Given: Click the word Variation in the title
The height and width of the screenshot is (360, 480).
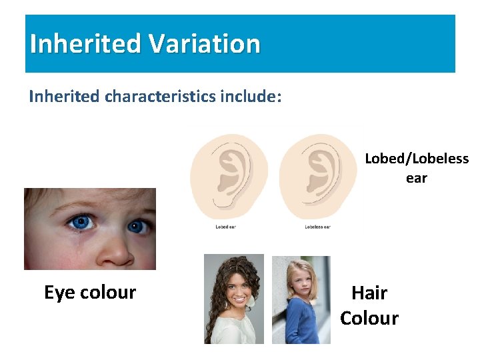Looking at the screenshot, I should click(x=204, y=44).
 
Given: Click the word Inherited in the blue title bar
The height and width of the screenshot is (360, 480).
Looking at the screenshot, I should click(x=85, y=44).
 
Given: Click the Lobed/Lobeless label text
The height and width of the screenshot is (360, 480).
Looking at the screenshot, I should click(x=417, y=159).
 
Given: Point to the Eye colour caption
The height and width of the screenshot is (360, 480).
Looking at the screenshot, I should click(x=90, y=292).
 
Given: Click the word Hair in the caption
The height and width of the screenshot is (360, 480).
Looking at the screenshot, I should click(x=369, y=293).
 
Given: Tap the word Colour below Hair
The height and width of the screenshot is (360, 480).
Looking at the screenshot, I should click(x=369, y=318).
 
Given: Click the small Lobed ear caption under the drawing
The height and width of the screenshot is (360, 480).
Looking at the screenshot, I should click(x=226, y=227).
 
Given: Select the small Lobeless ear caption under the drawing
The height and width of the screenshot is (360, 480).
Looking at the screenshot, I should click(x=317, y=227).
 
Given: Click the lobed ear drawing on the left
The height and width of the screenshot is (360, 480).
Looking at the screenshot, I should click(x=229, y=176).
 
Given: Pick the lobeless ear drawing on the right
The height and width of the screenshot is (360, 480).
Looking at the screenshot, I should click(x=317, y=176).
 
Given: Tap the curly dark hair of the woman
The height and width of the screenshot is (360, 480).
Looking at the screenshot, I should click(x=216, y=313).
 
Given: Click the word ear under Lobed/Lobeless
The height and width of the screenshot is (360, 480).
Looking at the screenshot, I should click(x=417, y=178).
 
